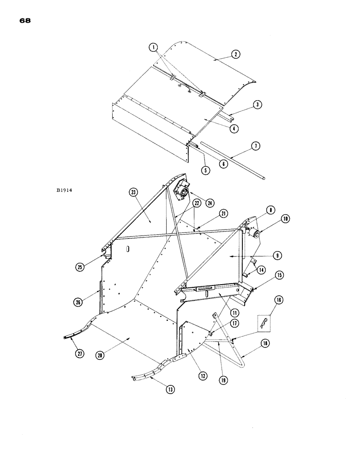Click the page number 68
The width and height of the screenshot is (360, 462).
click(x=25, y=21)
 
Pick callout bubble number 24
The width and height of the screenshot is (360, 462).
click(x=198, y=203)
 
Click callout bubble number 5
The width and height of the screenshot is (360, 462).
click(x=206, y=170)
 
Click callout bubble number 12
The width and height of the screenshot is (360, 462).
click(x=202, y=375)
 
